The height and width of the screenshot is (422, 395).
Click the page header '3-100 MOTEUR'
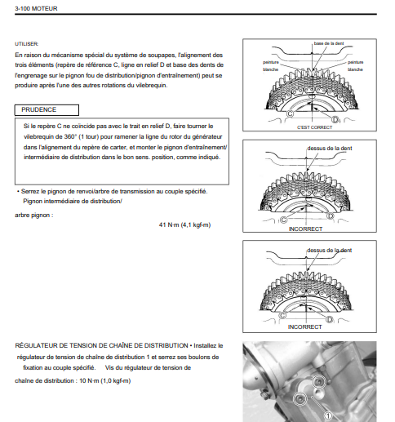tap(36, 8)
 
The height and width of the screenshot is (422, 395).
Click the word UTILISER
tap(27, 44)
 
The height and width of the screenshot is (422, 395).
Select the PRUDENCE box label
tap(39, 109)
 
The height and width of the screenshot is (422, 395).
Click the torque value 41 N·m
tap(169, 225)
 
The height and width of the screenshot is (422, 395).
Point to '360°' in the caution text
tap(70, 136)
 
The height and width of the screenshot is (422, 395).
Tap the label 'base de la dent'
tap(329, 43)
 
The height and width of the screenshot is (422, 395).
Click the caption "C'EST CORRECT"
tap(315, 127)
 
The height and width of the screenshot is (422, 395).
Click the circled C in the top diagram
tap(291, 113)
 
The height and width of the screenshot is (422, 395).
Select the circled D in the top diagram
tap(335, 119)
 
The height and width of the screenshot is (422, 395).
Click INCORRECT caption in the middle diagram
tap(305, 229)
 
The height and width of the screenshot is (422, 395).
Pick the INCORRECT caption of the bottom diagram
tap(305, 327)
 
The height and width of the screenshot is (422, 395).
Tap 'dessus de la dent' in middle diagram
tap(330, 149)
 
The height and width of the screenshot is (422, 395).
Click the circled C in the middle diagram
tap(283, 220)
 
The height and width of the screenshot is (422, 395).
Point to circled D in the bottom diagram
tap(330, 319)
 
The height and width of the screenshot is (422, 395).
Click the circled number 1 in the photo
tap(329, 416)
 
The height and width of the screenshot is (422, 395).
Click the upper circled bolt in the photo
tap(318, 382)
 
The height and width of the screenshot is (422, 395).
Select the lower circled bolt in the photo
tap(300, 399)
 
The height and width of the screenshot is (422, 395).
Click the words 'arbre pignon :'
tap(34, 215)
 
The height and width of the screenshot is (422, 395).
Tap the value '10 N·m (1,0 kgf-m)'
tap(105, 380)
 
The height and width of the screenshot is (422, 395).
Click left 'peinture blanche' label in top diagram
tap(271, 66)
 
